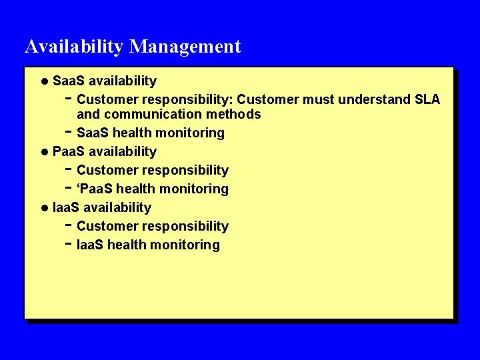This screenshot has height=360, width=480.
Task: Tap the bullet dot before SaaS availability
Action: [44, 81]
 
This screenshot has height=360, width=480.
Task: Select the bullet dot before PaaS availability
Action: [44, 152]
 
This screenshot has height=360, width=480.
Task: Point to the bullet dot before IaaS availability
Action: [44, 208]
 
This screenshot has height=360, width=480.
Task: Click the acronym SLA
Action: [427, 100]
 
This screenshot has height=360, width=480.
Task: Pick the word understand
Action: [371, 100]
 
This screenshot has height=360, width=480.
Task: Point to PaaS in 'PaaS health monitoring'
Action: [92, 189]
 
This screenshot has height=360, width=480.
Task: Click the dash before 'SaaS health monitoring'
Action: [69, 131]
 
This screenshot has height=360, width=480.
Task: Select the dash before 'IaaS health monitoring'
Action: [69, 243]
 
